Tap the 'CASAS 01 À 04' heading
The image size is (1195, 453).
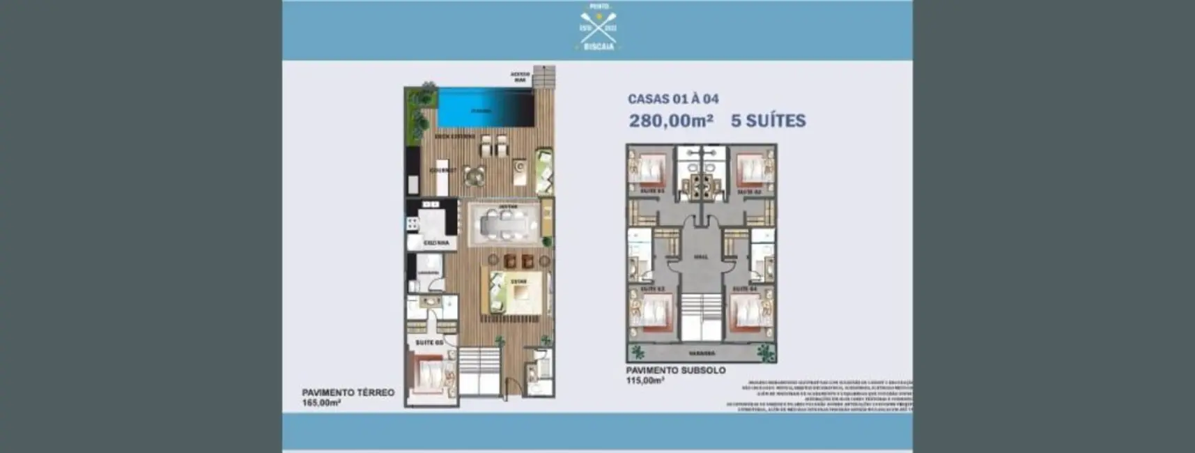click(673, 100)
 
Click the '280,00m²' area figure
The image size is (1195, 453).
click(671, 121)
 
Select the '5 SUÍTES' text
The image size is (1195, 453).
click(768, 121)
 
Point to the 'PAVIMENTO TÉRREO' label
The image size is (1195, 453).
click(348, 392)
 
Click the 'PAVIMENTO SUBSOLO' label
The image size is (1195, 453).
click(675, 371)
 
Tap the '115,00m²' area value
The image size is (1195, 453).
click(645, 381)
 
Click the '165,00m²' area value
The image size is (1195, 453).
click(321, 403)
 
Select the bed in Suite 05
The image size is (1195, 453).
click(433, 377)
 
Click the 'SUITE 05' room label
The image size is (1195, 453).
click(429, 343)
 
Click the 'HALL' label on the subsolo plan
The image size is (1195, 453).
click(700, 256)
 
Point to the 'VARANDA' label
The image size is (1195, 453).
click(702, 353)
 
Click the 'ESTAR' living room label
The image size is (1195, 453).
click(518, 282)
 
